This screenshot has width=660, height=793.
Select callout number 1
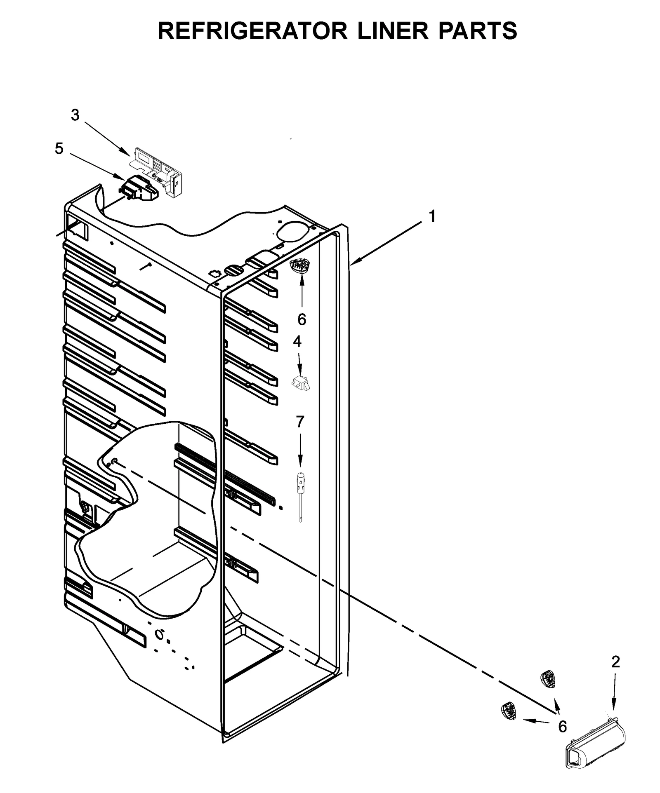pos(432,216)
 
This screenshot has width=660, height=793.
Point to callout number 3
pos(75,115)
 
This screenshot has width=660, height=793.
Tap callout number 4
pos(297,341)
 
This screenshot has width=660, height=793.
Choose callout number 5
pos(59,149)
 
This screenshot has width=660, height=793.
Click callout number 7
pos(300,422)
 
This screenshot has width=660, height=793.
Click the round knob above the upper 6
pos(300,266)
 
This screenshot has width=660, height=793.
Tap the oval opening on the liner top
pos(294,232)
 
